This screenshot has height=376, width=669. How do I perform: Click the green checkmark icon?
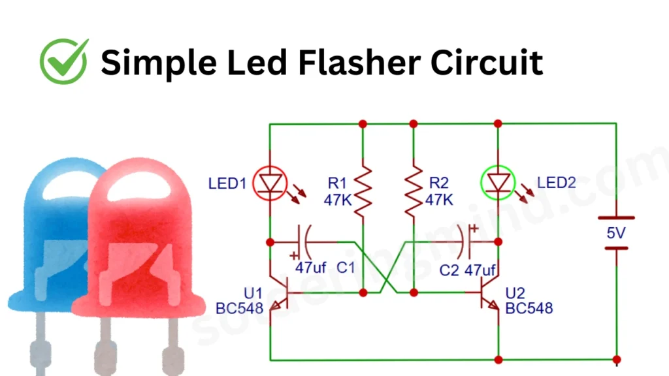click(63, 61)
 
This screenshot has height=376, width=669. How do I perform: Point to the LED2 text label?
click(557, 183)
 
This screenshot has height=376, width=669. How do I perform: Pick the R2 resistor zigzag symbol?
click(413, 191)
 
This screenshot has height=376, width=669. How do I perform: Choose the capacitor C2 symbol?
click(469, 242)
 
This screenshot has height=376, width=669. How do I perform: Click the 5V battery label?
click(615, 232)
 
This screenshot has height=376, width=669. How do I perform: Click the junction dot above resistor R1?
click(362, 123)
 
